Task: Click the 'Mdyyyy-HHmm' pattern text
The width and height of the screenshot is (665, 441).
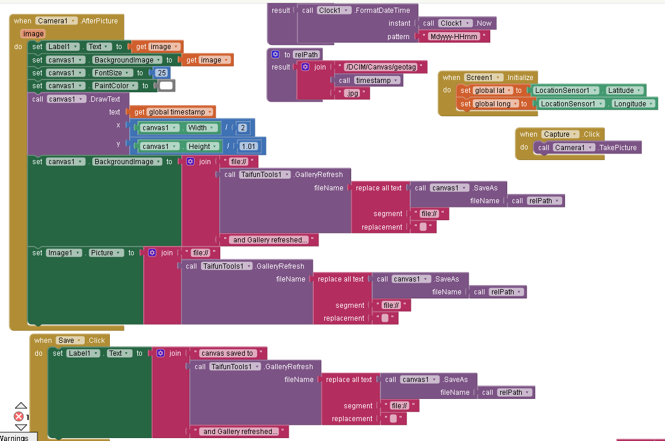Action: [x=454, y=36]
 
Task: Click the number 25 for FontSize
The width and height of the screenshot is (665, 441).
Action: [x=162, y=73]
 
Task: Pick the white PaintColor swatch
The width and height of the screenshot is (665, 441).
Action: [x=167, y=86]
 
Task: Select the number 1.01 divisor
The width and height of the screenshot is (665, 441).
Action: [x=248, y=147]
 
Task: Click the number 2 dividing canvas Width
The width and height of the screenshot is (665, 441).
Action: [x=243, y=128]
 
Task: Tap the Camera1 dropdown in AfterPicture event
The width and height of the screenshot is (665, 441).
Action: [x=57, y=21]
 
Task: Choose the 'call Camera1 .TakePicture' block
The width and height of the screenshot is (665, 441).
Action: [x=588, y=148]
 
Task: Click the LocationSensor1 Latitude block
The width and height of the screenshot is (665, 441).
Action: [x=588, y=91]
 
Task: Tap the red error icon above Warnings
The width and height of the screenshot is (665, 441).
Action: [x=19, y=416]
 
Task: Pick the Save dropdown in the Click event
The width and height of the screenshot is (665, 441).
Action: [x=69, y=341]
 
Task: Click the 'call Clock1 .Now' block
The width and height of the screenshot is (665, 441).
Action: [x=458, y=23]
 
